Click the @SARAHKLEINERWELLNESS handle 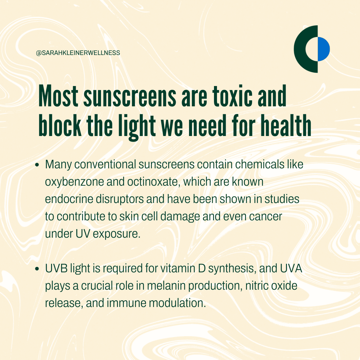(78, 53)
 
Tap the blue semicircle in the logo (324, 49)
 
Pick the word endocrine (69, 199)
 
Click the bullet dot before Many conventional (37, 165)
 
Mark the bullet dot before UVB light (37, 269)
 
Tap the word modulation (177, 303)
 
